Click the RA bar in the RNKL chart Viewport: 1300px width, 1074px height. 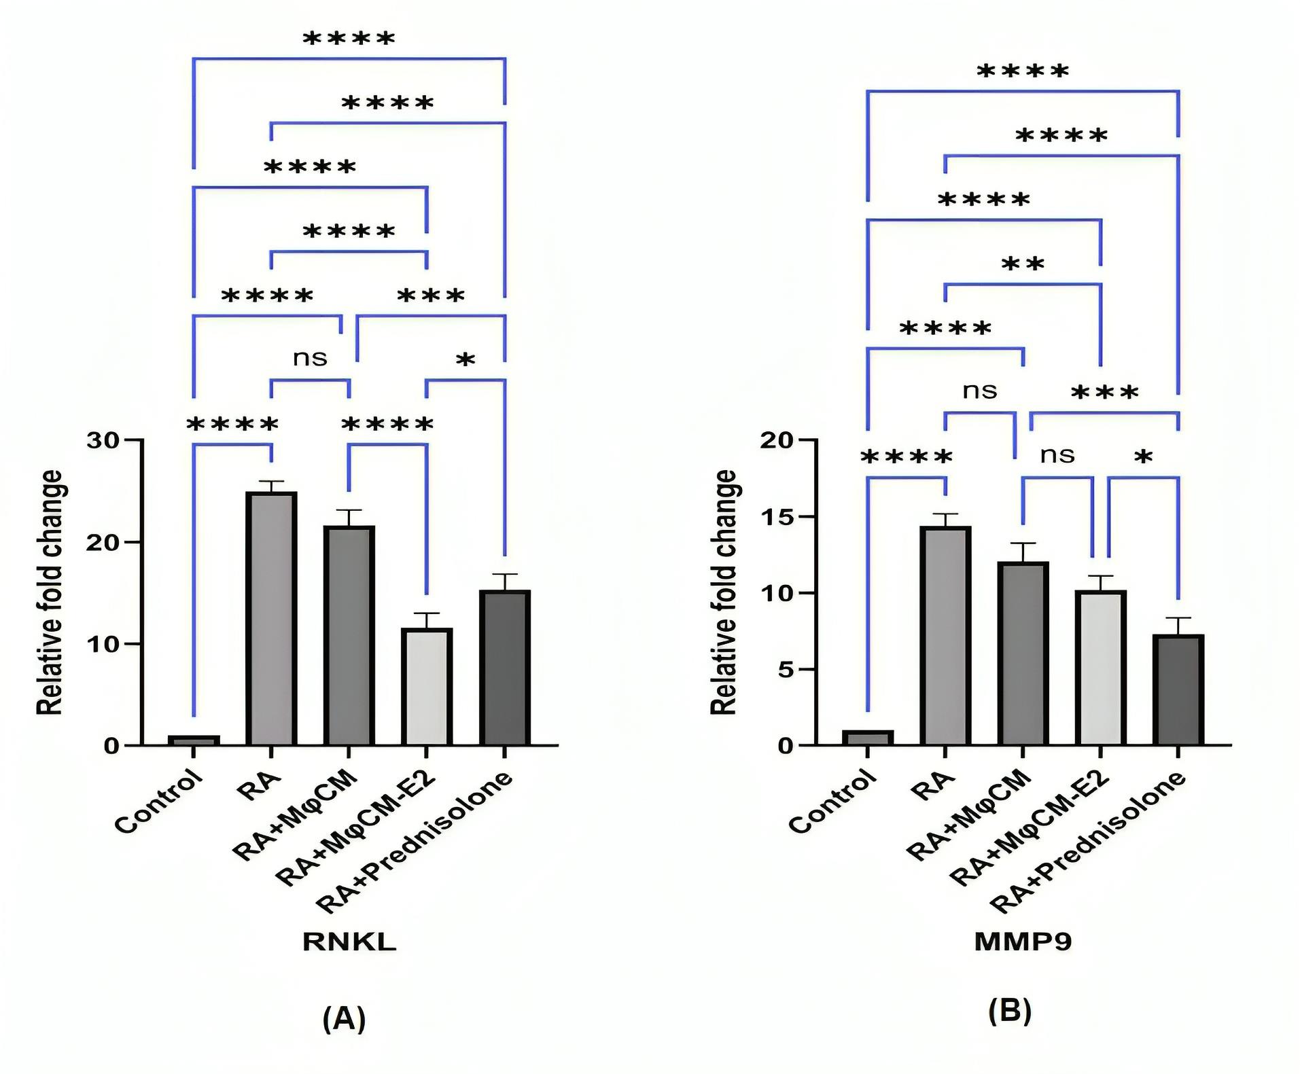click(x=271, y=619)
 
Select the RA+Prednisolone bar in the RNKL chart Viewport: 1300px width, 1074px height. click(x=504, y=668)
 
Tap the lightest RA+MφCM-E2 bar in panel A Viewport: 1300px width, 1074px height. click(x=427, y=687)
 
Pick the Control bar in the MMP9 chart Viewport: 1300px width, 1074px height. click(x=867, y=738)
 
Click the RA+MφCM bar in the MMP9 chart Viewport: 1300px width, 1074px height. click(x=1023, y=654)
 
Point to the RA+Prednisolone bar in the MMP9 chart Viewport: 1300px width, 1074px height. click(x=1178, y=690)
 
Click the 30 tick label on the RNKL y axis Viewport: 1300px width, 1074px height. click(x=103, y=440)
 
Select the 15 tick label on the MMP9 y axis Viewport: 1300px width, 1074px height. click(x=777, y=517)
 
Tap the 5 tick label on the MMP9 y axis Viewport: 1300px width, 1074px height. click(x=785, y=670)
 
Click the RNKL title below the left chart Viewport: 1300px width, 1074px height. click(x=349, y=942)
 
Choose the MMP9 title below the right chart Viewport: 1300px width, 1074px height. click(x=1023, y=942)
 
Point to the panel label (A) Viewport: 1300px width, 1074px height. click(x=344, y=1018)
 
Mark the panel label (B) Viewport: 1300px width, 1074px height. click(x=1010, y=1011)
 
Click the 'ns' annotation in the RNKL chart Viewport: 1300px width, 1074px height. click(x=310, y=358)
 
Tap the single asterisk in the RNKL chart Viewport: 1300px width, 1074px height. click(x=465, y=360)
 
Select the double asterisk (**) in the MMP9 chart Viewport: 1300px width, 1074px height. click(x=1023, y=264)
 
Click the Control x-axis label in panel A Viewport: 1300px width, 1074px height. click(x=160, y=801)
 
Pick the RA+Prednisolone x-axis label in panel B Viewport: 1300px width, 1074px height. click(x=1088, y=842)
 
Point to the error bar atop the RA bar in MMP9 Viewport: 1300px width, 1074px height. click(x=945, y=520)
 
